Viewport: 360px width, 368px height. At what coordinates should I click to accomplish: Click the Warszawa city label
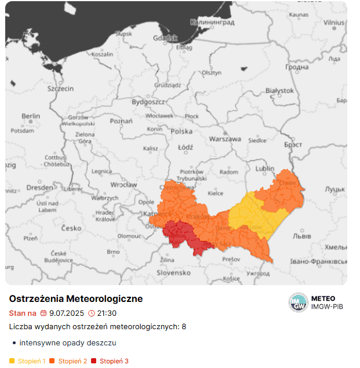pyautogui.click(x=224, y=139)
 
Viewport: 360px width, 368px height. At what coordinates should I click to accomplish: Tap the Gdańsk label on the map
pyautogui.click(x=165, y=38)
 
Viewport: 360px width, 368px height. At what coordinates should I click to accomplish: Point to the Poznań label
pyautogui.click(x=121, y=121)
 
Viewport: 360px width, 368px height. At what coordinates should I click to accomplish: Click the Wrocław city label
pyautogui.click(x=123, y=185)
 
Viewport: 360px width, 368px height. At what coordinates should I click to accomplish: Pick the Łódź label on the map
pyautogui.click(x=185, y=147)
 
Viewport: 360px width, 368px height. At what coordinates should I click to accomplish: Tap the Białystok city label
pyautogui.click(x=279, y=91)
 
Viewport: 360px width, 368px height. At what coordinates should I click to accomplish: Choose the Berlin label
pyautogui.click(x=31, y=116)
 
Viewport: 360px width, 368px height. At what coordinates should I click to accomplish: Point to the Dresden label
pyautogui.click(x=40, y=188)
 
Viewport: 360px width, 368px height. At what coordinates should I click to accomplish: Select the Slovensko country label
pyautogui.click(x=173, y=272)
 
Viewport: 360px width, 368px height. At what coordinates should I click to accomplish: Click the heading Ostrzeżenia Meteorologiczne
pyautogui.click(x=76, y=298)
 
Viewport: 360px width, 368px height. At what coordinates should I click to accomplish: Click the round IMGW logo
pyautogui.click(x=299, y=303)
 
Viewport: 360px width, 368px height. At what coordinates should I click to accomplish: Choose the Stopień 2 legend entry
pyautogui.click(x=72, y=361)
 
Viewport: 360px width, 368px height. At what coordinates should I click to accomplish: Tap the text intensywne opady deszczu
pyautogui.click(x=68, y=343)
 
